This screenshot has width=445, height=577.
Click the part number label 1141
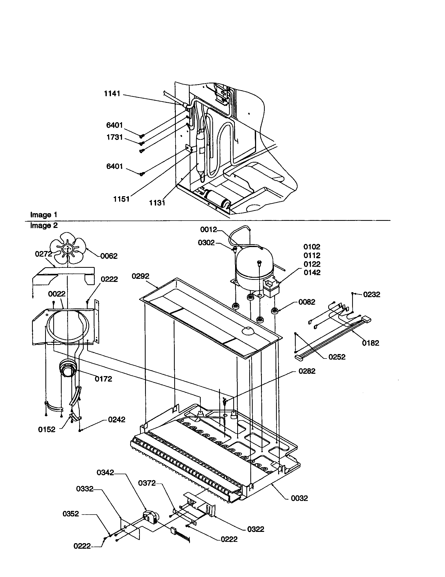tap(112, 94)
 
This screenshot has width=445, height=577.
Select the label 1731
tap(114, 137)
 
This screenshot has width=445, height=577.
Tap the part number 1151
tap(121, 199)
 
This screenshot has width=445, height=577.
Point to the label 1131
tap(157, 203)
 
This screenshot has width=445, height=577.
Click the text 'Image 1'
tap(44, 215)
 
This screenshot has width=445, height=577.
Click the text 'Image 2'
tap(44, 225)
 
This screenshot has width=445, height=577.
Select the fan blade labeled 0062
tap(68, 248)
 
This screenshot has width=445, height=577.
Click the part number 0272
tap(44, 254)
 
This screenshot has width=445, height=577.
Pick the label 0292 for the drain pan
tap(141, 276)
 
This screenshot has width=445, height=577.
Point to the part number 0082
tap(307, 302)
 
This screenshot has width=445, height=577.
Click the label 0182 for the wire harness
tap(370, 343)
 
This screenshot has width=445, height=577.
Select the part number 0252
tap(337, 357)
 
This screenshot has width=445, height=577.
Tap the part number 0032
tap(299, 498)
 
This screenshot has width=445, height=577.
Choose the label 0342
tap(105, 472)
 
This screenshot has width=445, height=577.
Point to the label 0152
tap(47, 430)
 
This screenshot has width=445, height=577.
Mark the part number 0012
tap(209, 229)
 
